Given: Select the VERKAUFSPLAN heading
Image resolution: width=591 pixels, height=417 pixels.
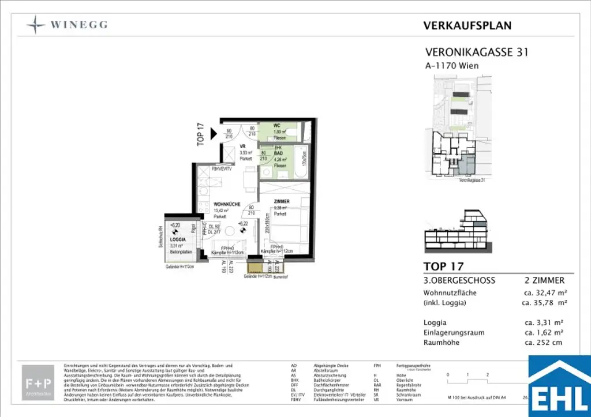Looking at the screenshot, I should (x=467, y=25).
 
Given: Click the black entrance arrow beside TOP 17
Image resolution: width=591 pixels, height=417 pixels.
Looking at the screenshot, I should (x=214, y=134).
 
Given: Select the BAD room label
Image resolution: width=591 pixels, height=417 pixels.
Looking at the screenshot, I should (x=278, y=152).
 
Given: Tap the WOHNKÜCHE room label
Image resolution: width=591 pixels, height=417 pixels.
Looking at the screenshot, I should (x=227, y=204).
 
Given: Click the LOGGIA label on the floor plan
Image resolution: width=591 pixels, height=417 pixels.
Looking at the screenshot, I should (x=177, y=239).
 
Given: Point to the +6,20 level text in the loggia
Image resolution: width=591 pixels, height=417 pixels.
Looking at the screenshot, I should (x=175, y=226).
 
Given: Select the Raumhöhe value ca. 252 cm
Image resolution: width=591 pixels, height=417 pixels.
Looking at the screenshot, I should (x=543, y=343).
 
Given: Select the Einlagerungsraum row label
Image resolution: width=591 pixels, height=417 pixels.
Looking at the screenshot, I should (x=454, y=333).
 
